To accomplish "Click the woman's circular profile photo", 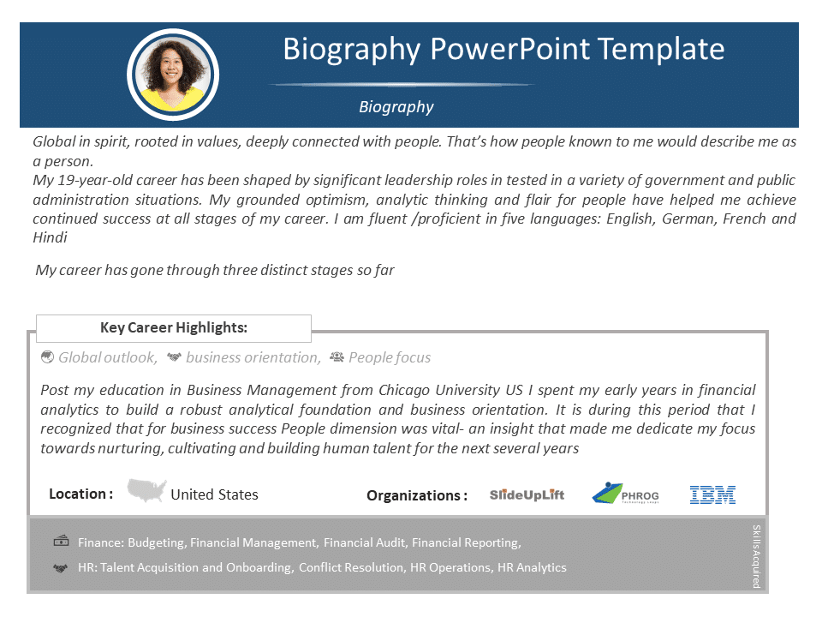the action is click(x=173, y=75).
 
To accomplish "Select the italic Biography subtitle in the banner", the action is click(x=396, y=107).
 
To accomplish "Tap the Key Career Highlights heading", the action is click(x=174, y=328).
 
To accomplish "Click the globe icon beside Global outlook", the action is click(x=47, y=357).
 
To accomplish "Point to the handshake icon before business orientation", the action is click(x=174, y=357).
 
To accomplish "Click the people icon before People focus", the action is click(x=337, y=357).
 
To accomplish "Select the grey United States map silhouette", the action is click(x=146, y=490).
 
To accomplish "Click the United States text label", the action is click(x=214, y=494).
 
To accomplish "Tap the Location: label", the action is click(x=80, y=494).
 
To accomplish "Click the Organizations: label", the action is click(x=417, y=496).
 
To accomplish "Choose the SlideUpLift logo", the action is click(x=527, y=494).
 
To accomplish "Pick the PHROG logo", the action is click(x=625, y=494).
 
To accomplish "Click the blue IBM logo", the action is click(x=713, y=494).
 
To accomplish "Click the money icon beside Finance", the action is click(x=62, y=541).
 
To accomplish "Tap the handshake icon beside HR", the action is click(x=61, y=568).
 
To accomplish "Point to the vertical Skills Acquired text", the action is click(x=756, y=556).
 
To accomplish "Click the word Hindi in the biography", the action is click(x=50, y=237).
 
